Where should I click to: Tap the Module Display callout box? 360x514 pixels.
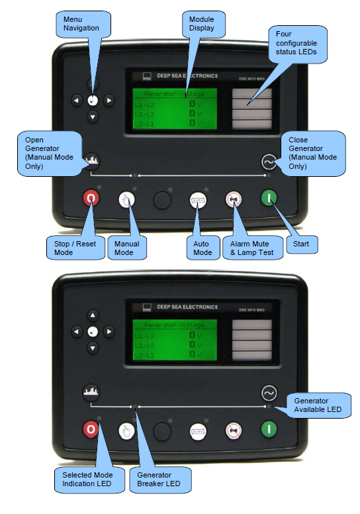[201, 23]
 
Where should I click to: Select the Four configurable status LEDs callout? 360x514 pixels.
[297, 43]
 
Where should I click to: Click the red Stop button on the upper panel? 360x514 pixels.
[91, 198]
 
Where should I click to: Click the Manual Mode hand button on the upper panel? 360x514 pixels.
[127, 199]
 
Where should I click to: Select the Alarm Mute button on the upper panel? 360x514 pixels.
[233, 199]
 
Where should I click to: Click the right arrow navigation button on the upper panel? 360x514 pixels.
[109, 101]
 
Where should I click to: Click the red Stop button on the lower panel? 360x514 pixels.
[91, 431]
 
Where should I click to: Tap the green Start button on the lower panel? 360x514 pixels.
[269, 431]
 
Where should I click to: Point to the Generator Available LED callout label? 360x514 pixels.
[317, 405]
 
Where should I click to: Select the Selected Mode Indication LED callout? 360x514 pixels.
[86, 479]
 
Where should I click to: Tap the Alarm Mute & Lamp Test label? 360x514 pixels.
[251, 247]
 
